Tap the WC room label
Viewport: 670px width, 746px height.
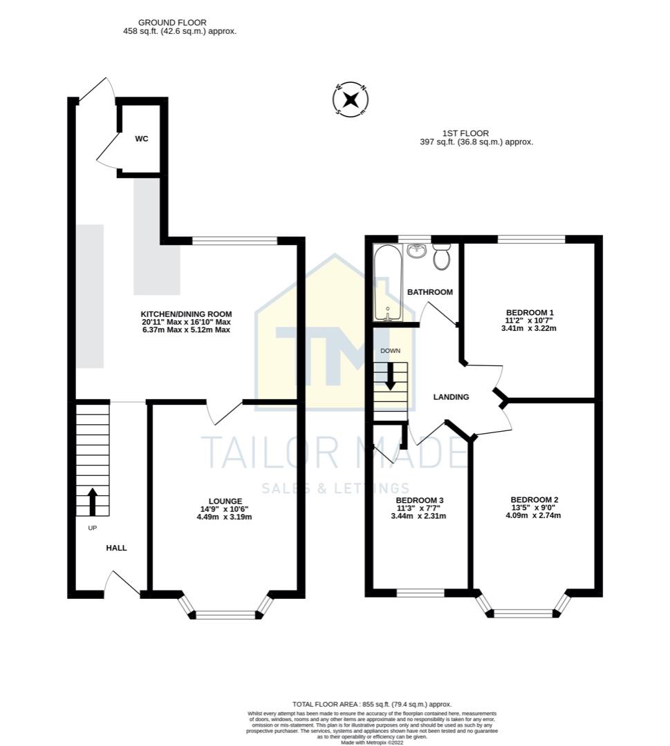[x=141, y=139]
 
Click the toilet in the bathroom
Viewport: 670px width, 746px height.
[x=442, y=257]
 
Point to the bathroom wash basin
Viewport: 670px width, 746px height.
[x=416, y=250]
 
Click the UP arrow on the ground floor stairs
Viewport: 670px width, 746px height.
[x=91, y=501]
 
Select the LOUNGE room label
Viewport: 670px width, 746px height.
[x=225, y=501]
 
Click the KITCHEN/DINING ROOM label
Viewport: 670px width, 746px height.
[x=186, y=314]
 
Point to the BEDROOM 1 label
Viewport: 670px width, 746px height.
[x=529, y=312]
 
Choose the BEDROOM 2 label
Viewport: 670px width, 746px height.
[x=534, y=499]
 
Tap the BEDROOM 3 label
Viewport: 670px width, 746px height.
[x=419, y=500]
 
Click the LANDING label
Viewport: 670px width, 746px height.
[x=451, y=397]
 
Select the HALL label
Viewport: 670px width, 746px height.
[x=116, y=548]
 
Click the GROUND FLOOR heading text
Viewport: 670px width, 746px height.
[x=172, y=23]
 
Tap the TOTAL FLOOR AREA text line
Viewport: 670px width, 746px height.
[x=373, y=704]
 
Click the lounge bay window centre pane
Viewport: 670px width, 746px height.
[x=225, y=613]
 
